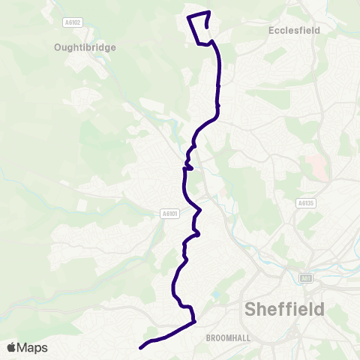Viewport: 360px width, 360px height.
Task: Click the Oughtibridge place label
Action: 84,46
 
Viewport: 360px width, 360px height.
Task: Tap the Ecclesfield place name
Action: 294,31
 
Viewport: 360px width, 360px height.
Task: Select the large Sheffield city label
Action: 285,309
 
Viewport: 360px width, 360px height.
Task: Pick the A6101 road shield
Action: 170,214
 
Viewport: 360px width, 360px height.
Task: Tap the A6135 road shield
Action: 305,202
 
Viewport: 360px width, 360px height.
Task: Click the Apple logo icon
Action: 11,347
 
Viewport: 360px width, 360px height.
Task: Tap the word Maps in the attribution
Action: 32,347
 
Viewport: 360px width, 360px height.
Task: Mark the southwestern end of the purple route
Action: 141,347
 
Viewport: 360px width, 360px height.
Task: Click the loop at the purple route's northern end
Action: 199,28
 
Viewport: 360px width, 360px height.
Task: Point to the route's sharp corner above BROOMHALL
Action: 193,322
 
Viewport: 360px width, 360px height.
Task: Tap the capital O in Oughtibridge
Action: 57,46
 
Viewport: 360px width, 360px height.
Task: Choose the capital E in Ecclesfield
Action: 271,31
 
